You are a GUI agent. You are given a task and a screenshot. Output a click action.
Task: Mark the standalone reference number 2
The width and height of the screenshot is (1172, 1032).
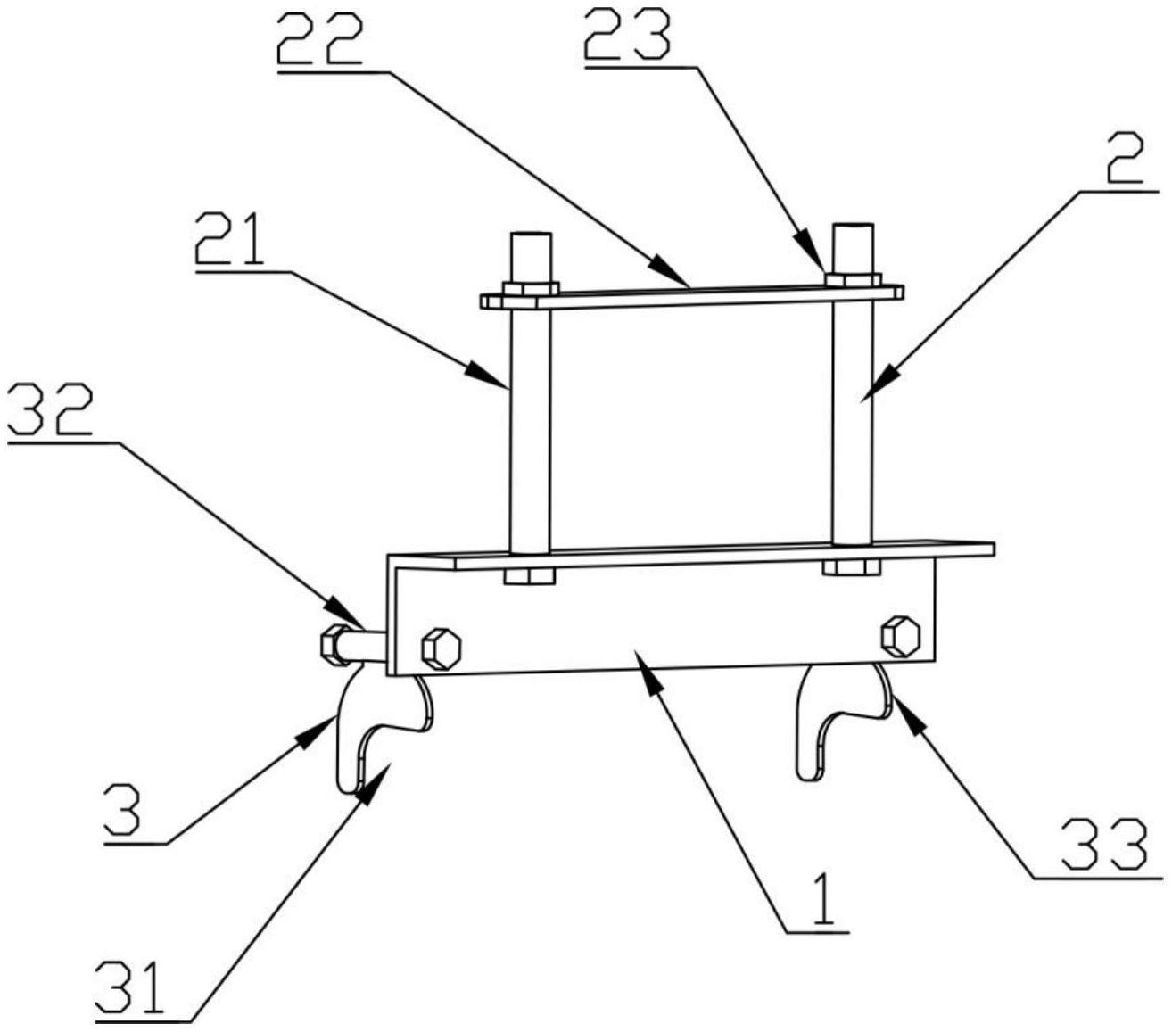click(x=1124, y=157)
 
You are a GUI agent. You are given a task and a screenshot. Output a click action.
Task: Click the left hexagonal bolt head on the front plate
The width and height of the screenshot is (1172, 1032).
click(x=442, y=648)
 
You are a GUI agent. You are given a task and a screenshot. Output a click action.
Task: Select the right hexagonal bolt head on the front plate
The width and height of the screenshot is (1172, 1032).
click(x=900, y=636)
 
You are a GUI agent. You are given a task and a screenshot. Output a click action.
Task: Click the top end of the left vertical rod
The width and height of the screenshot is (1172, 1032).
click(x=531, y=235)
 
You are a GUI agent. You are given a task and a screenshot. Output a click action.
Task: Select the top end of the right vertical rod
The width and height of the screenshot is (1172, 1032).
click(x=853, y=226)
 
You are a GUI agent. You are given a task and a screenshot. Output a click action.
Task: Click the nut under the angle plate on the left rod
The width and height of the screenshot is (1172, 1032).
click(x=529, y=576)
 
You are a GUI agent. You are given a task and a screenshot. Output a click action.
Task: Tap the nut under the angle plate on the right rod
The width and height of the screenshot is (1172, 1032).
click(x=852, y=567)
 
